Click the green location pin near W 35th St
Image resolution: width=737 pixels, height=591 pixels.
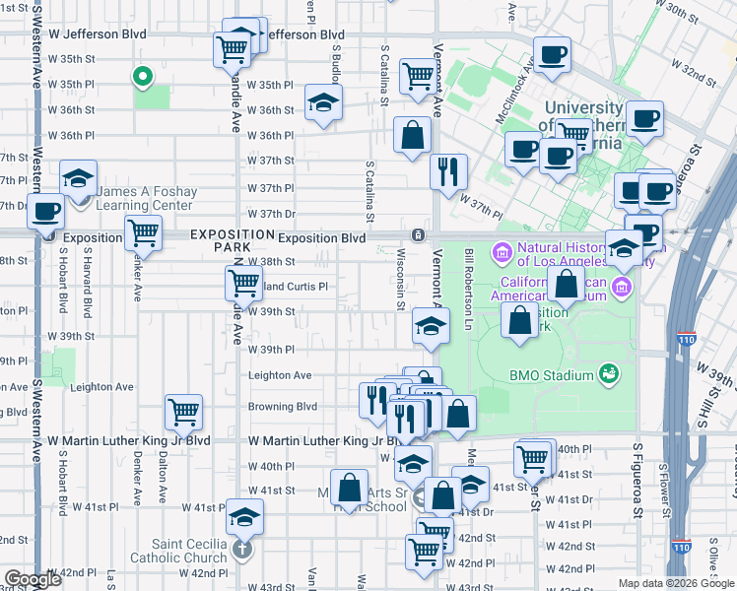click(x=142, y=75)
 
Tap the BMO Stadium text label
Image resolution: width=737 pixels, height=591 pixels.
click(x=551, y=374)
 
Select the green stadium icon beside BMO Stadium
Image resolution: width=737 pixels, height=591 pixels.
click(x=609, y=373)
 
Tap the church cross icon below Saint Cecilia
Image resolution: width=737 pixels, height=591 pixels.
click(x=243, y=550)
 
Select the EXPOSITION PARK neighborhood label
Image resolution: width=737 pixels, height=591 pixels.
click(x=232, y=240)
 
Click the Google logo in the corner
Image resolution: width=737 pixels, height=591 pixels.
click(x=33, y=579)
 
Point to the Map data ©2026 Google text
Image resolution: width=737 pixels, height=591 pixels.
click(x=675, y=583)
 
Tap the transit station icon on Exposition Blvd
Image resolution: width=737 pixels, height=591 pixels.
click(x=419, y=235)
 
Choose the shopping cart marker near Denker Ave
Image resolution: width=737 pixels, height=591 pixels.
click(x=144, y=233)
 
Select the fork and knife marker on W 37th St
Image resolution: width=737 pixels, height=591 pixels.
click(x=448, y=170)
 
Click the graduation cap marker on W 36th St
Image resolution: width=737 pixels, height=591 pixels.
click(x=321, y=103)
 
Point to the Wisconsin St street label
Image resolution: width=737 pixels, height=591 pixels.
click(x=401, y=279)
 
